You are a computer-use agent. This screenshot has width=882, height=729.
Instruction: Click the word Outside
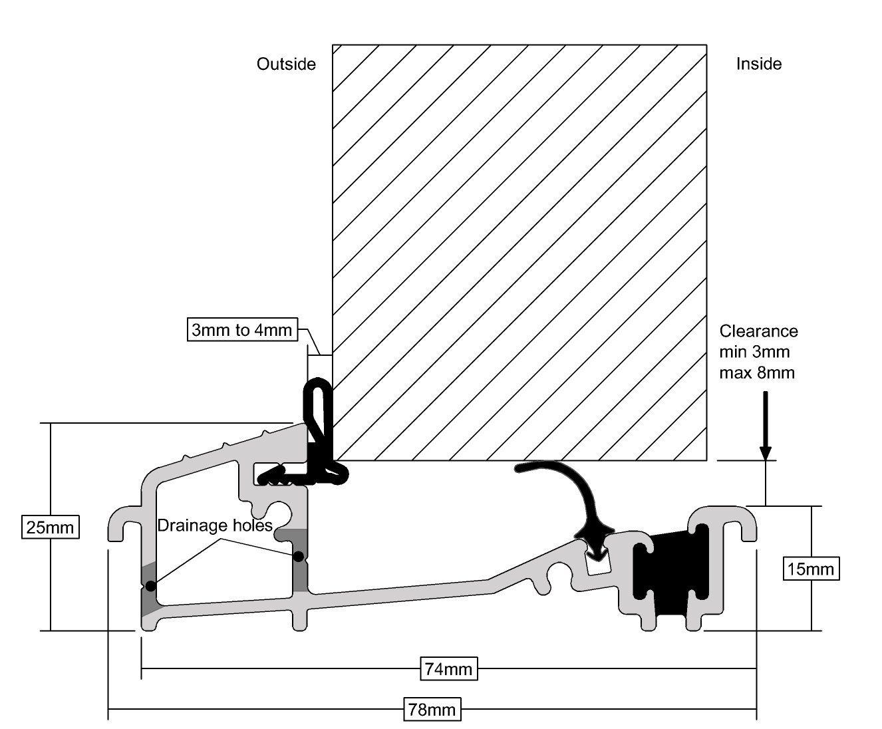coord(286,65)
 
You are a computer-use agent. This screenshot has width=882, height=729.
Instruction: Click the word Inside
coord(759,64)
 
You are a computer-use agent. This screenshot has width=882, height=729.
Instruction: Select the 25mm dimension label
coord(51,527)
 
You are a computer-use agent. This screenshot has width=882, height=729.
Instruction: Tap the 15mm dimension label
coord(811,569)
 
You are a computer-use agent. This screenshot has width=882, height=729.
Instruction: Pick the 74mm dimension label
coord(448,669)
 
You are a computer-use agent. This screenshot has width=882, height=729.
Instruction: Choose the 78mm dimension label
coord(432,710)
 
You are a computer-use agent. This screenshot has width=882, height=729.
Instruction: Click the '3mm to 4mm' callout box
coord(243,329)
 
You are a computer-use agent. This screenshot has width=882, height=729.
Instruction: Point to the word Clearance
coord(759,331)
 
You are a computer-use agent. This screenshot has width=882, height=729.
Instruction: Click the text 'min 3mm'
coord(754,352)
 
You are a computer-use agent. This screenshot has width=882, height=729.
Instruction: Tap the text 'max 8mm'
coord(757,373)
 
